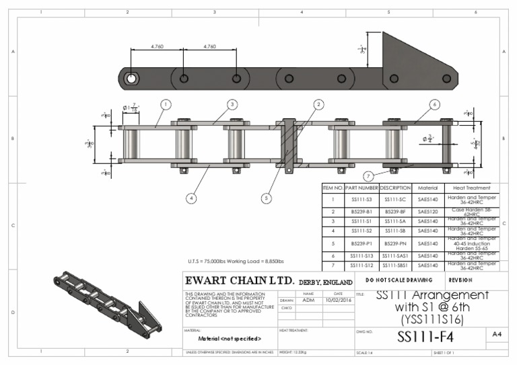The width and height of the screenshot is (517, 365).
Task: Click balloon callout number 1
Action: [x=166, y=104]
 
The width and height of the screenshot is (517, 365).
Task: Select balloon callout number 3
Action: [x=232, y=104]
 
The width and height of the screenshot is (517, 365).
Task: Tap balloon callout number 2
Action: [x=318, y=104]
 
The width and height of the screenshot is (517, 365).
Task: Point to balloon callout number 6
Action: [x=435, y=104]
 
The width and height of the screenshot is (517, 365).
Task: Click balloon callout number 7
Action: [x=368, y=176]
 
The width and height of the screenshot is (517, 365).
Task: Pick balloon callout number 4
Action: [x=192, y=198]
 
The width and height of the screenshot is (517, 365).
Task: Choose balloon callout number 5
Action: [x=267, y=198]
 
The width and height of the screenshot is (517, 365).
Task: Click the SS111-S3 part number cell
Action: [x=361, y=200]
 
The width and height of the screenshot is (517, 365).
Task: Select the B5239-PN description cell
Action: [x=395, y=243]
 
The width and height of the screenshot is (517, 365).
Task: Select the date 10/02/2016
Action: [x=337, y=300]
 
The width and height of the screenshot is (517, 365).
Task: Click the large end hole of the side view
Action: [x=131, y=79]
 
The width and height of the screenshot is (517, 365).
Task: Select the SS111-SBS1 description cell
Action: [x=395, y=265]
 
